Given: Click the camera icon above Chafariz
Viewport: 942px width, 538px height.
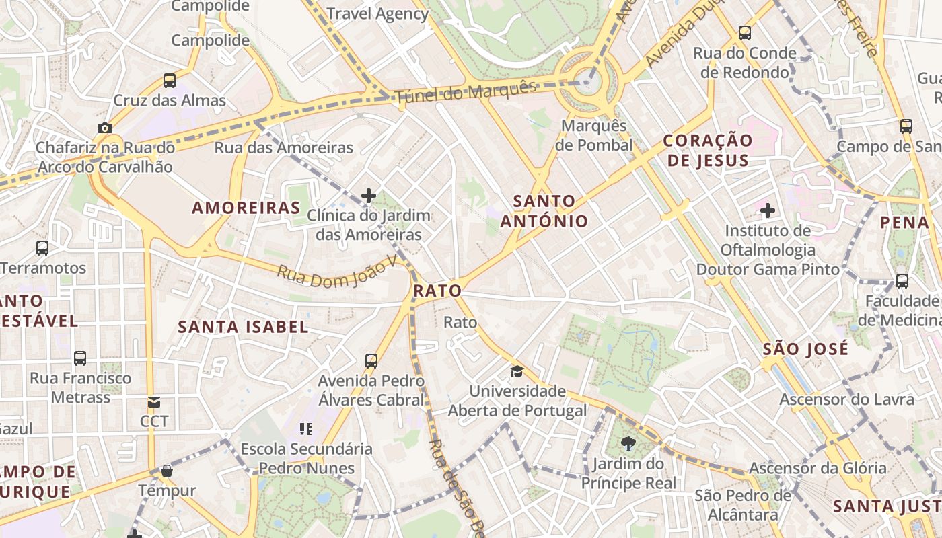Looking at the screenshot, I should click(x=104, y=128).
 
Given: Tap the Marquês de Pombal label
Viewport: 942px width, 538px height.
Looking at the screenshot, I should click(x=594, y=135).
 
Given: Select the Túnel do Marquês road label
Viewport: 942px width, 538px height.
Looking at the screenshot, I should click(x=466, y=93).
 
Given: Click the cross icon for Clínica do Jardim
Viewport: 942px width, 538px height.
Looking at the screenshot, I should click(x=368, y=196).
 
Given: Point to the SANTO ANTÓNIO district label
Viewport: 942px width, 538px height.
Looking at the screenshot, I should click(x=544, y=210).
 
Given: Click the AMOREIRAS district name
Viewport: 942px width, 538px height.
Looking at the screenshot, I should click(x=246, y=208).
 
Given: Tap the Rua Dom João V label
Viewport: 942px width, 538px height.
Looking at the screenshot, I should click(x=337, y=273).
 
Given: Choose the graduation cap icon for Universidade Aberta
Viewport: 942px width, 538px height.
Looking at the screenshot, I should click(x=517, y=371).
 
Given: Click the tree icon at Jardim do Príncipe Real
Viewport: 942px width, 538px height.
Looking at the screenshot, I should click(x=628, y=443).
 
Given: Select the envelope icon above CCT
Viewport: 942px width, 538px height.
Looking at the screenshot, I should click(x=154, y=402).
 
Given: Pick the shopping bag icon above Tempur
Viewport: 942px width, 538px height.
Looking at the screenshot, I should click(x=167, y=471).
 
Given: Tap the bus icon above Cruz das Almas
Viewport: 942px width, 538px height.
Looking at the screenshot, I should click(x=170, y=81).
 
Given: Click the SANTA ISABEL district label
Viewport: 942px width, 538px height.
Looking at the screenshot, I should click(x=243, y=328).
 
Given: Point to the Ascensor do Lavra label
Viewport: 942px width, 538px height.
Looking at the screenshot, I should click(x=846, y=399).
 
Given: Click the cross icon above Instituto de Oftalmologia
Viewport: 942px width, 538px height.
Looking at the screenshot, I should click(x=768, y=211).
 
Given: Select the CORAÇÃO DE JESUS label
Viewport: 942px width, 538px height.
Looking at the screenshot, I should click(x=707, y=151).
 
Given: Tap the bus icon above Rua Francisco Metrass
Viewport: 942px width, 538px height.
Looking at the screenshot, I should click(x=80, y=358).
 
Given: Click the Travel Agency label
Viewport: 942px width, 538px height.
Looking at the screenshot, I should click(x=377, y=13).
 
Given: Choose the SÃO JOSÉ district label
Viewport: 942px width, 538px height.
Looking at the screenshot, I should click(x=805, y=350).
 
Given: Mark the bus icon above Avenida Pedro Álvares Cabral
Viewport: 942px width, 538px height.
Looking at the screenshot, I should click(x=371, y=360).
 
